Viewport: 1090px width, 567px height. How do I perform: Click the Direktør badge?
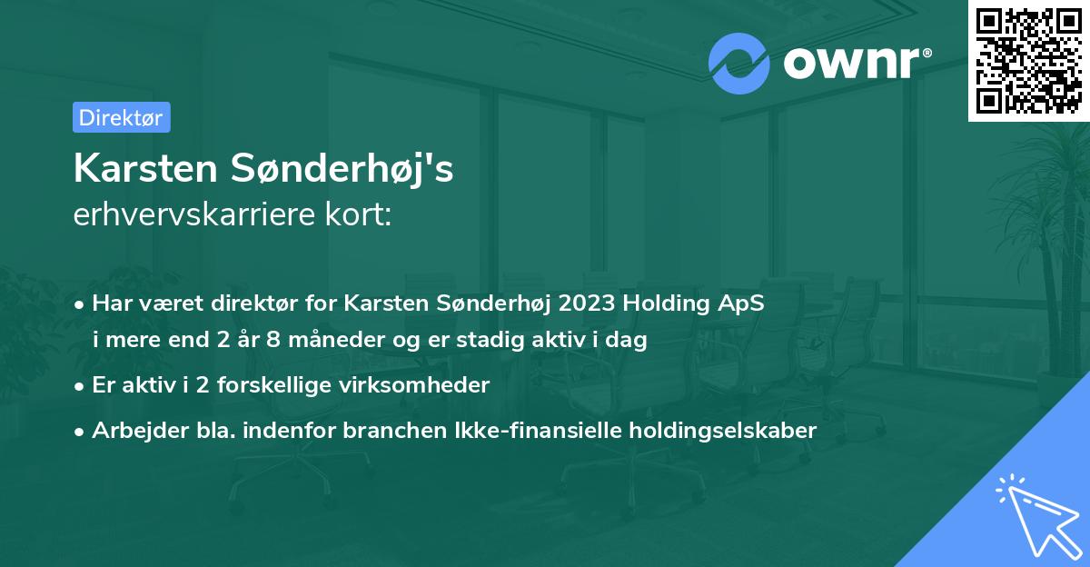tap(121, 117)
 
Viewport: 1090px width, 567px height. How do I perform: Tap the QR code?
tap(1028, 60)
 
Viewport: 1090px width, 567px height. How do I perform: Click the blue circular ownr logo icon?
tap(739, 63)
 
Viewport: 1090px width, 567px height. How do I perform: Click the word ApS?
tap(740, 304)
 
